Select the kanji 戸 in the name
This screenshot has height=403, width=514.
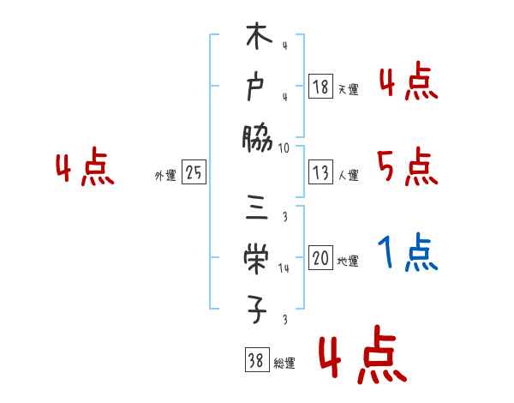pos(257,87)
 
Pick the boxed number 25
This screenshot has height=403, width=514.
pos(194,172)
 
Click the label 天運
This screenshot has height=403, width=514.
pos(348,89)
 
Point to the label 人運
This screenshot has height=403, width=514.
pos(348,176)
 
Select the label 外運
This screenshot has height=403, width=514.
pos(165,176)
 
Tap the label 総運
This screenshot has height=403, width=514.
pos(284,364)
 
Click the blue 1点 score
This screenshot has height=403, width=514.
pos(409,253)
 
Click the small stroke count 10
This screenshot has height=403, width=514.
pos(284,147)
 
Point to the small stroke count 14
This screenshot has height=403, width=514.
pos(284,268)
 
